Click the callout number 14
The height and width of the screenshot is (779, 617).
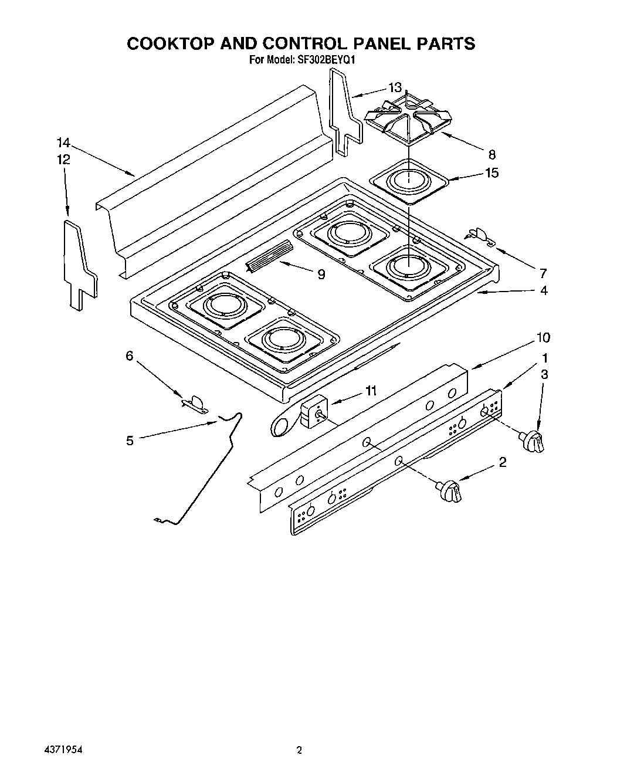pos(63,143)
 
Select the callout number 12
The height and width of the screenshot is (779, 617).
pos(63,159)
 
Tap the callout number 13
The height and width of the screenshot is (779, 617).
pos(395,87)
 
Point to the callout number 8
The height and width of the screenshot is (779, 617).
pos(491,155)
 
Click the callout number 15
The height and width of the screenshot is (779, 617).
pos(491,173)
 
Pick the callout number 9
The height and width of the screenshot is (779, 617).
pos(321,274)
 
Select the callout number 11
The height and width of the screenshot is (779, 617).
pos(371,391)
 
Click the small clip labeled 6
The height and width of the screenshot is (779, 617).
pos(195,404)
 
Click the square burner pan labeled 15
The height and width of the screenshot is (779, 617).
pos(409,181)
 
